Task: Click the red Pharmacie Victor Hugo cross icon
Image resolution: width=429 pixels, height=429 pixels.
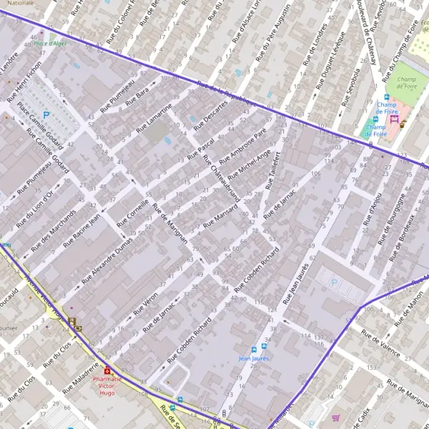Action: (x=107, y=371)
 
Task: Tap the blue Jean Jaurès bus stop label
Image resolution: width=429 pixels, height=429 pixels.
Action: (x=254, y=358)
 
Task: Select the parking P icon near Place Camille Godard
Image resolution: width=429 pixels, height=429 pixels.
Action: (x=46, y=114)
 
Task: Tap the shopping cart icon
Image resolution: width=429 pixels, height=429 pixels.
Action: (x=335, y=418)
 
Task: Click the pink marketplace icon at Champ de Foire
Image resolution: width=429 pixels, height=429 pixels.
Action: (x=394, y=120)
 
